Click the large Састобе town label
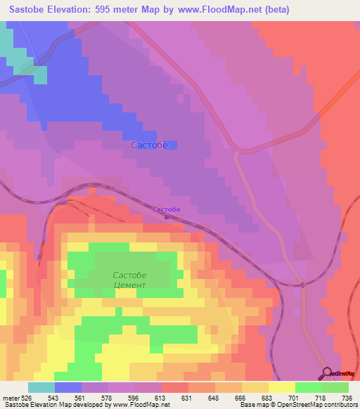pyautogui.click(x=149, y=145)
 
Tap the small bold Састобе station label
pyautogui.click(x=167, y=209)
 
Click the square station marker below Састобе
pyautogui.click(x=167, y=216)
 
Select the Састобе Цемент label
pyautogui.click(x=130, y=280)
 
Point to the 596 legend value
pyautogui.click(x=134, y=398)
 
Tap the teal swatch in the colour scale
pyautogui.click(x=41, y=387)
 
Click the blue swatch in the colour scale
pyautogui.click(x=68, y=387)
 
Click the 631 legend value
pyautogui.click(x=186, y=398)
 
